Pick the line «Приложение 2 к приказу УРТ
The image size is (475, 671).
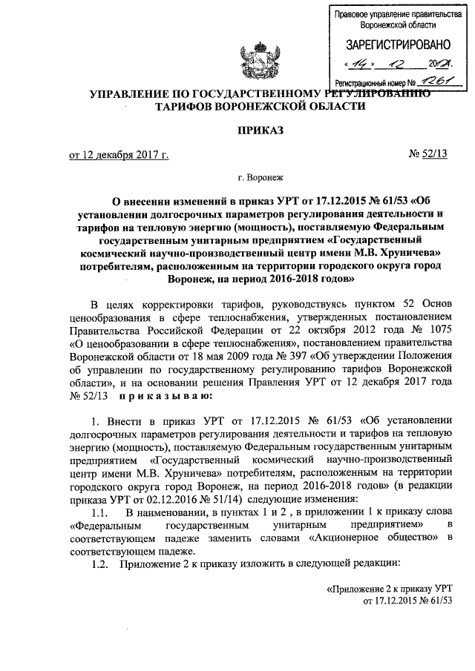coord(390,589)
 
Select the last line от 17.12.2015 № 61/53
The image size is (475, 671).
coord(408,601)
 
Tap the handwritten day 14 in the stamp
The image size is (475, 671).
coord(363,64)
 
